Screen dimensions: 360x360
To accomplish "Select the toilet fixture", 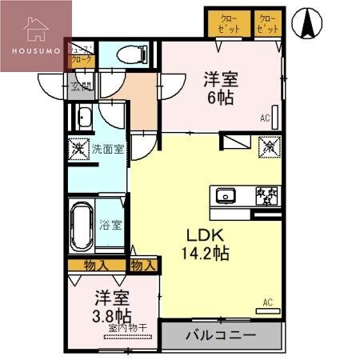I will [x=130, y=54].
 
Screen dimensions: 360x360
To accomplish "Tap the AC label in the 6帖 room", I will [x=265, y=118].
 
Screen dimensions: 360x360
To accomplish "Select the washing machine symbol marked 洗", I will [x=78, y=150].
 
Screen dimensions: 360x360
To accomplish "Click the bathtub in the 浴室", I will [x=82, y=225].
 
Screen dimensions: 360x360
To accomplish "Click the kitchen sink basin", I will [x=224, y=194].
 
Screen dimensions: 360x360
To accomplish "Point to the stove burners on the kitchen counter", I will [x=266, y=194].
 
